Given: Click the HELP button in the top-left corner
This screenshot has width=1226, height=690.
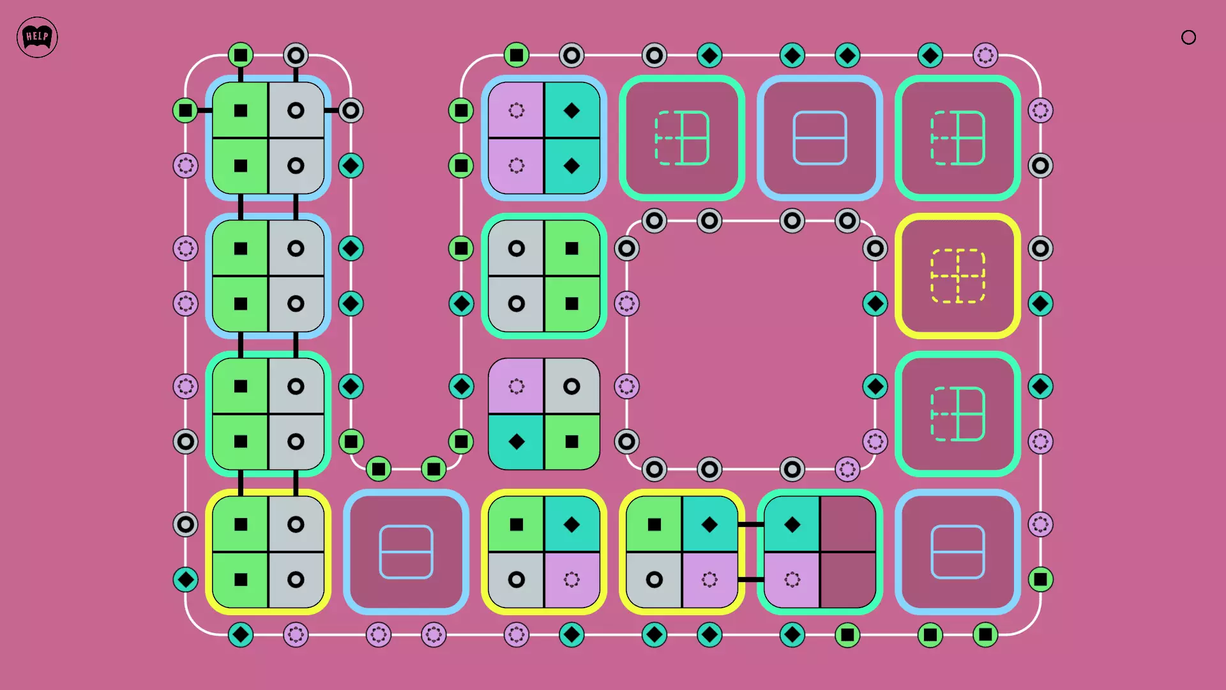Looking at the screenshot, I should (x=37, y=37).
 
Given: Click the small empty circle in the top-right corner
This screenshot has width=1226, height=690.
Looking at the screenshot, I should (x=1188, y=38).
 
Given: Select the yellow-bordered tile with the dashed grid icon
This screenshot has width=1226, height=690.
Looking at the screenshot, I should (x=957, y=276).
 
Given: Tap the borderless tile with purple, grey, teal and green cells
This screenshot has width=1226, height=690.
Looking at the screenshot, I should (x=544, y=414).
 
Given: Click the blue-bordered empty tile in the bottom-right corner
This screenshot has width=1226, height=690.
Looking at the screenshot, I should (x=957, y=552).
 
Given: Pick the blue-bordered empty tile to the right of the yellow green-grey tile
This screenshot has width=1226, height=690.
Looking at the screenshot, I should (x=406, y=552).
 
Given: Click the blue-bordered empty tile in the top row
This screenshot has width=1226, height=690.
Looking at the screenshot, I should (x=820, y=138).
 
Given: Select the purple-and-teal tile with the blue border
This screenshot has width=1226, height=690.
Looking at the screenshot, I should (x=544, y=138).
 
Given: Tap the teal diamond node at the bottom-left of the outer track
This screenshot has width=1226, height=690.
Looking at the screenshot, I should (x=186, y=579).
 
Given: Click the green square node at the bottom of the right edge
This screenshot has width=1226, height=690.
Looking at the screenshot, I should (x=1040, y=579).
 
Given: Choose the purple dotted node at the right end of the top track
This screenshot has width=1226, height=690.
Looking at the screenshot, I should (x=985, y=56).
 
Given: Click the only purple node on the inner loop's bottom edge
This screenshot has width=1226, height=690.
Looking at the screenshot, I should (x=847, y=470).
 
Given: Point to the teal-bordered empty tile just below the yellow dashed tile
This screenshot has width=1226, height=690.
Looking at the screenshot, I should (x=957, y=414).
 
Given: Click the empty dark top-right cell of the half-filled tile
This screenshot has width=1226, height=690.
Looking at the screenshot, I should (x=848, y=524).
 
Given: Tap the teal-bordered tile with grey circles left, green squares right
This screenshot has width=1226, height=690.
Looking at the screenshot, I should (x=544, y=276).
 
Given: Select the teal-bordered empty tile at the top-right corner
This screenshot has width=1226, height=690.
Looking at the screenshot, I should (x=957, y=138).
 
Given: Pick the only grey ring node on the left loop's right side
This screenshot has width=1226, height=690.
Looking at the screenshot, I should (x=351, y=111).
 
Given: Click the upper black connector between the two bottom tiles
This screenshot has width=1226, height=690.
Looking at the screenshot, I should (x=751, y=525).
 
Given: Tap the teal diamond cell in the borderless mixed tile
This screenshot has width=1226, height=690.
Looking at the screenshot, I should (x=516, y=441).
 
